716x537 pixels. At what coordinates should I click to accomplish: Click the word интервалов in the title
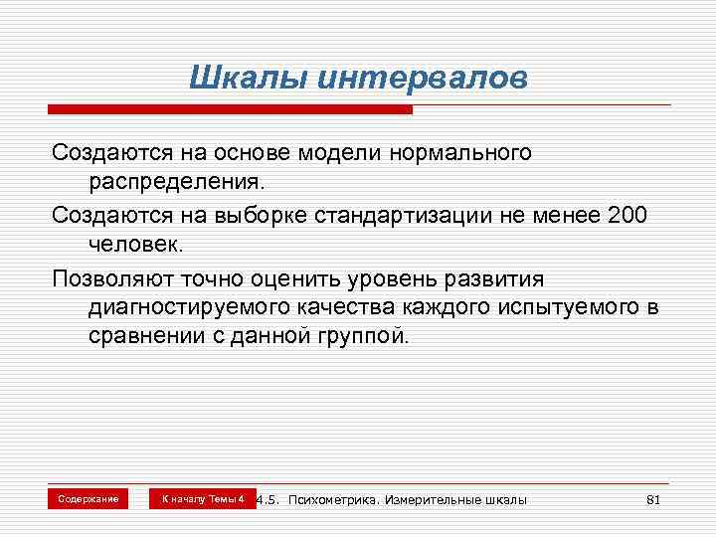coord(423,78)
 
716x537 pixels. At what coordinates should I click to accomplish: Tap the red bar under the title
coord(232,107)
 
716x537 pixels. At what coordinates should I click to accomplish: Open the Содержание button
coord(88,498)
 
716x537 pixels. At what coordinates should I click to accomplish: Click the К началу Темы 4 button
coord(203,498)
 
